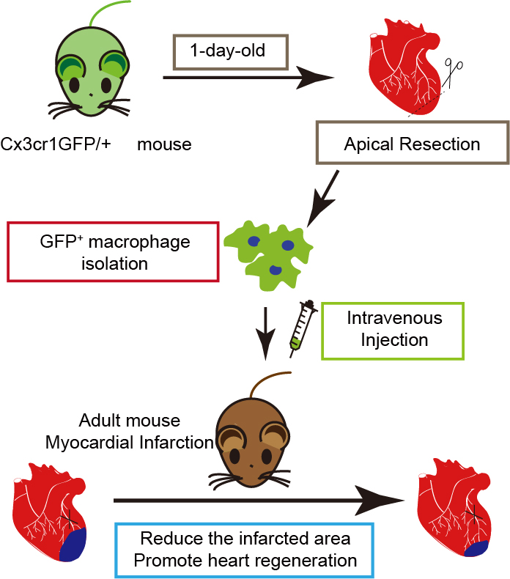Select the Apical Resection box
pyautogui.click(x=412, y=143)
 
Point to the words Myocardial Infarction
pyautogui.click(x=129, y=442)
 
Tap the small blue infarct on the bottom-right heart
pyautogui.click(x=477, y=547)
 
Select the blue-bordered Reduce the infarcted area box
pyautogui.click(x=245, y=550)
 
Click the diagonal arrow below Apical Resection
pyautogui.click(x=322, y=199)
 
